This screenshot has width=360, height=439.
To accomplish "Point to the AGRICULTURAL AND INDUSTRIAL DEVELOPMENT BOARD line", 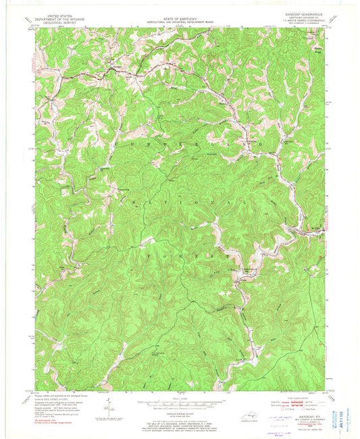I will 180,16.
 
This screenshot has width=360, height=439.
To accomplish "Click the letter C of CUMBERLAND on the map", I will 121,144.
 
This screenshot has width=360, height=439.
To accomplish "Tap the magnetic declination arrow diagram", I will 107,407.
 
